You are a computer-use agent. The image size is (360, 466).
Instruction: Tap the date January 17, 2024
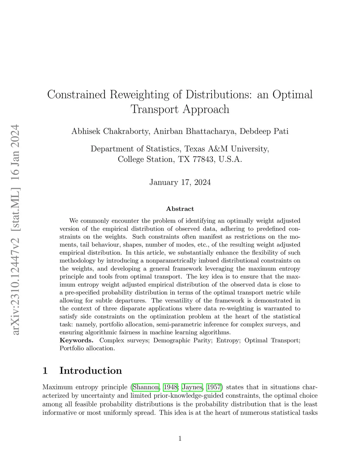click(180, 182)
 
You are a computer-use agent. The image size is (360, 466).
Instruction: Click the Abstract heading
click(180, 209)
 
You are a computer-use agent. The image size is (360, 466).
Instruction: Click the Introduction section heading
click(91, 371)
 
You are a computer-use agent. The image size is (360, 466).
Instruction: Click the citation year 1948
click(171, 388)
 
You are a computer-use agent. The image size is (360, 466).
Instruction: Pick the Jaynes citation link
click(192, 388)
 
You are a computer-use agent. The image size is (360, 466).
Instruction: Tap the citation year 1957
click(214, 388)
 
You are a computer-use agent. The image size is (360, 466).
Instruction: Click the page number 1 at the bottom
click(180, 438)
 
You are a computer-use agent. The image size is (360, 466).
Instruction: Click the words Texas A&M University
click(227, 149)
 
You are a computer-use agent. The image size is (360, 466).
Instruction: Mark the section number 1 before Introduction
click(45, 371)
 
